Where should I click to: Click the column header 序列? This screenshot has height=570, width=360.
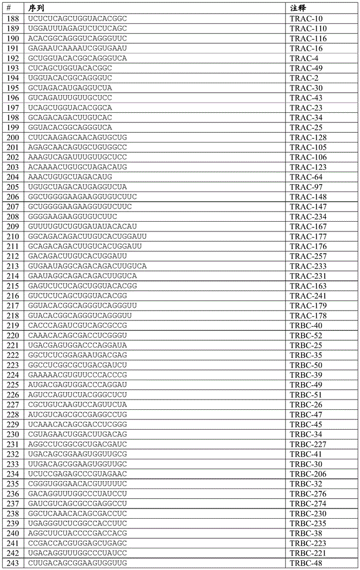[x=37, y=9]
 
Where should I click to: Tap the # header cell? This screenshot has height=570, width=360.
[x=9, y=9]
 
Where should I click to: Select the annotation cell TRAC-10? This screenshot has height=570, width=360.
[x=306, y=18]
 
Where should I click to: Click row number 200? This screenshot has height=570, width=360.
[x=13, y=137]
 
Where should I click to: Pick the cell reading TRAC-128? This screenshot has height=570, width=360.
[x=308, y=137]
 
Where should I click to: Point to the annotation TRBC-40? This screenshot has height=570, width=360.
[x=306, y=325]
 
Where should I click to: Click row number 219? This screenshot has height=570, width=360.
[x=13, y=325]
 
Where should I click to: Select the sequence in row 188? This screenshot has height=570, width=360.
[x=77, y=18]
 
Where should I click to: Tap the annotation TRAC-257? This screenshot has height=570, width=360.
[x=308, y=256]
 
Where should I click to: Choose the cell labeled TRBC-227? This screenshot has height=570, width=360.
[x=308, y=444]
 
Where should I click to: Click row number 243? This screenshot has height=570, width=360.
[x=13, y=563]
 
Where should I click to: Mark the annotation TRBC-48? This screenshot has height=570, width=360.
[x=306, y=563]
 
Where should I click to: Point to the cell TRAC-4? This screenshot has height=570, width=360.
[x=304, y=58]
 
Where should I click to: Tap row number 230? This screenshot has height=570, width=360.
[x=13, y=434]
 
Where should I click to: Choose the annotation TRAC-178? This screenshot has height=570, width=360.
[x=308, y=315]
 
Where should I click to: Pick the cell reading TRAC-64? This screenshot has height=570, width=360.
[x=306, y=177]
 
